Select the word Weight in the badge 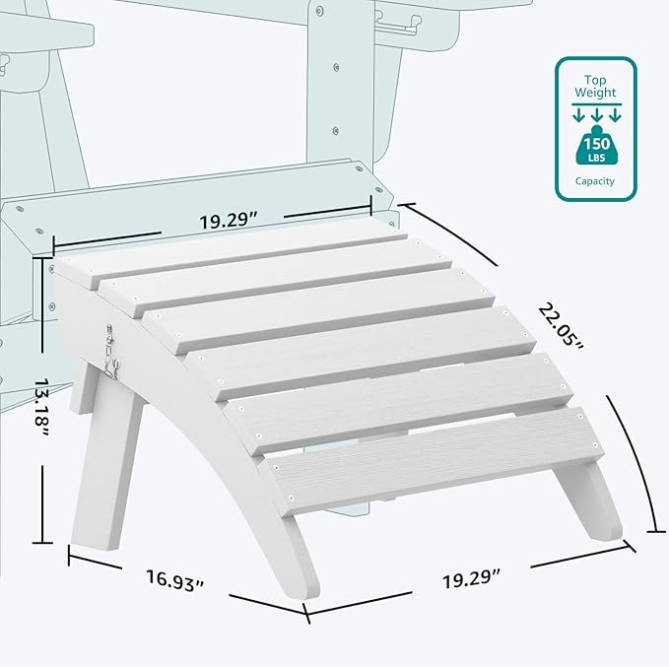coord(596,93)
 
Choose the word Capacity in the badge coord(596,181)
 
